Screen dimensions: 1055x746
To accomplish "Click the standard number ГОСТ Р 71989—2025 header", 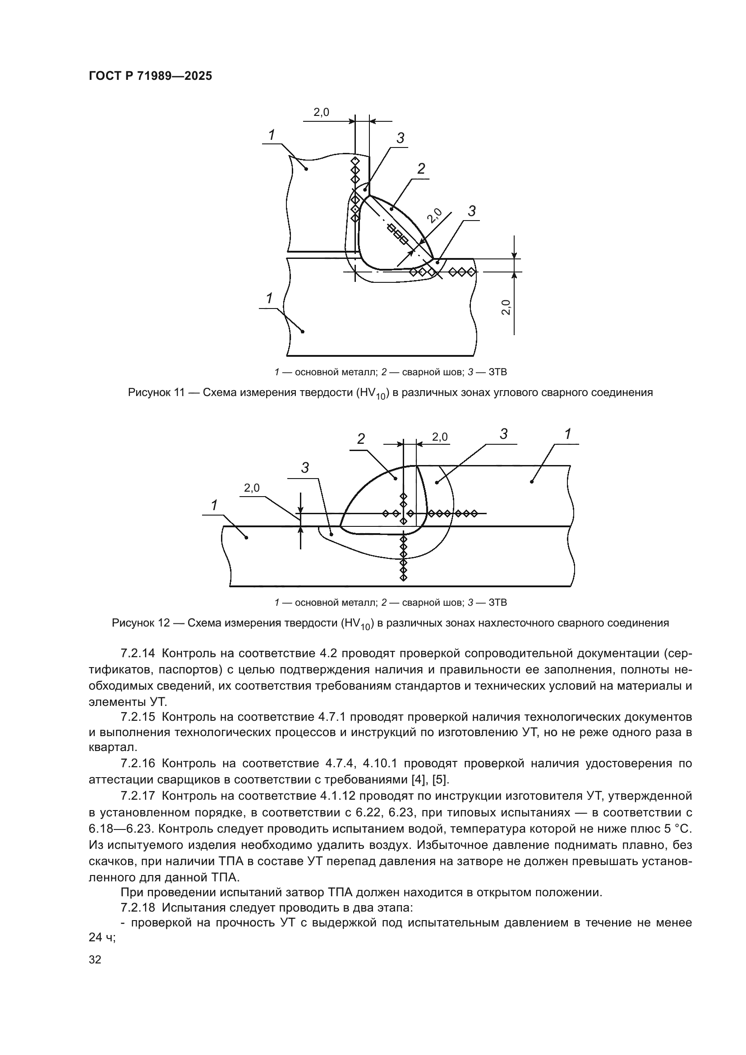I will coord(150,76).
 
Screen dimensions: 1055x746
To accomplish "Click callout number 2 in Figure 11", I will coord(421,169).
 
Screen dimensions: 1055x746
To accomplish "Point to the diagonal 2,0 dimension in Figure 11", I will coord(434,216).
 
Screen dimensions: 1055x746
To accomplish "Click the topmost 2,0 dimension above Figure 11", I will coord(321,112).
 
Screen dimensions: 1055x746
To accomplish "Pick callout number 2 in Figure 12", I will coord(361,439).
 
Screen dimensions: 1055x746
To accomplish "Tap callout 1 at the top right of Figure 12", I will coord(568,434).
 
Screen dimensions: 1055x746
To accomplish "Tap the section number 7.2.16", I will coord(138,764).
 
